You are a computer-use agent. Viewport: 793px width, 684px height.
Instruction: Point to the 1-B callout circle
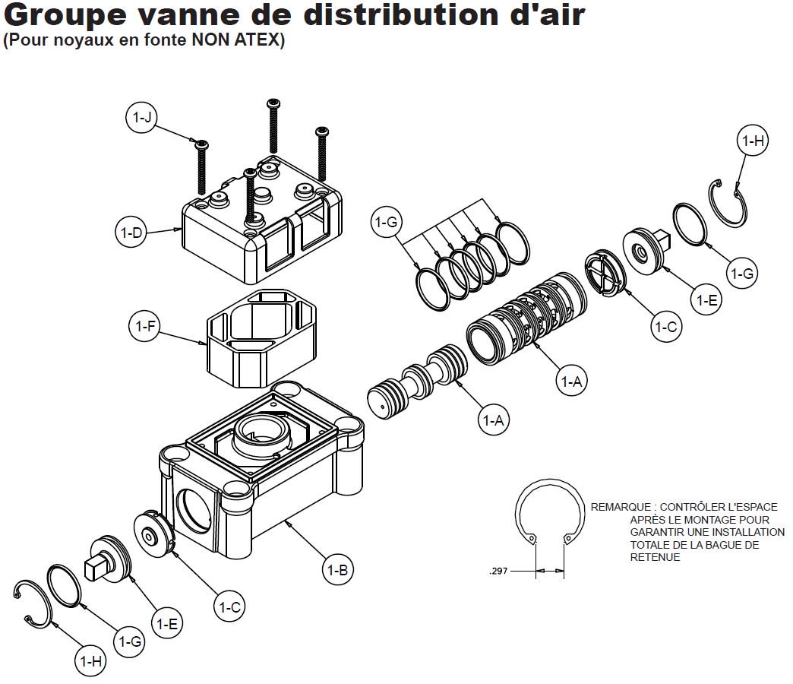[x=337, y=570]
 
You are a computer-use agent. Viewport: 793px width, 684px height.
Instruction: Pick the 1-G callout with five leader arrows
[x=387, y=223]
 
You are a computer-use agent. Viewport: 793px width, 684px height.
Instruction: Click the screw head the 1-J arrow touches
[x=201, y=145]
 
